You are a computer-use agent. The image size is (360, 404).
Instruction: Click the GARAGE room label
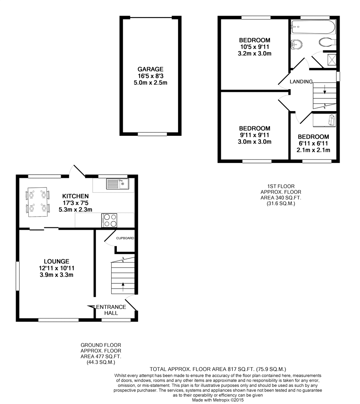(150, 69)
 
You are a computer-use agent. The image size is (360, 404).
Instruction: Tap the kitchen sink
(117, 184)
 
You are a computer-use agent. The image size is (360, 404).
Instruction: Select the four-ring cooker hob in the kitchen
(109, 220)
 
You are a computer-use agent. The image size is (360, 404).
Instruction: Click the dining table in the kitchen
(38, 202)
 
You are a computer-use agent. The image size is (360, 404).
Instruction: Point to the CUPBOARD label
(125, 238)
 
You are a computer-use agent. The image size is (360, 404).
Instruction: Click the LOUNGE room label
(56, 261)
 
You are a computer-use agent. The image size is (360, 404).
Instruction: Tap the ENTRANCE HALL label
(111, 310)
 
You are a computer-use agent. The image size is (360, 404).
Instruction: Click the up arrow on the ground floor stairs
(123, 287)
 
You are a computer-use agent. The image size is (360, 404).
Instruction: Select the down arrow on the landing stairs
(324, 89)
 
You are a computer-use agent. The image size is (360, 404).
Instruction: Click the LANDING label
(301, 82)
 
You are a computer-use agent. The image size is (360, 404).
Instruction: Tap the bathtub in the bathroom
(313, 27)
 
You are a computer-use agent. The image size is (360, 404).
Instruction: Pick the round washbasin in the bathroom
(296, 45)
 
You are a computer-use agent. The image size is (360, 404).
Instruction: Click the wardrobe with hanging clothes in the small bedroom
(324, 120)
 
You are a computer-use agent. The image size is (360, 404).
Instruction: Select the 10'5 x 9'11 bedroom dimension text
(254, 47)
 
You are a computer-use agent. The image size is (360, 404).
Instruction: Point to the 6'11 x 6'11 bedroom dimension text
(313, 143)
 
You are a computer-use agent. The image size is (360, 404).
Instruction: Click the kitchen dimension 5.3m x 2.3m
(75, 209)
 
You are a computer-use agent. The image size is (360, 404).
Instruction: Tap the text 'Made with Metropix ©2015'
(218, 400)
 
